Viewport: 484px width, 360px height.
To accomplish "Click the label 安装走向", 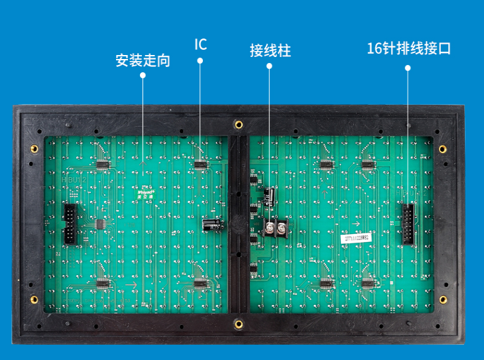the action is (143, 61).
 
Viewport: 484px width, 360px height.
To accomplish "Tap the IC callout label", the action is (200, 44).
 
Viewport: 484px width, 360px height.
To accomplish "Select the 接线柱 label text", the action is (270, 50).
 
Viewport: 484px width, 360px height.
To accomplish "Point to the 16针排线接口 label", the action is (408, 48).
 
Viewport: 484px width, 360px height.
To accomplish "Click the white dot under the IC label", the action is (200, 61).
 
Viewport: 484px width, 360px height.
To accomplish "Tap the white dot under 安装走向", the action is (143, 76).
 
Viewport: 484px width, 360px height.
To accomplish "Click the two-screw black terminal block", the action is (276, 229).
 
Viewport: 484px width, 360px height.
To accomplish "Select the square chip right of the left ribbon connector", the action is (100, 224).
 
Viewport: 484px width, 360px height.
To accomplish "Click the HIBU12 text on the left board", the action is (74, 179).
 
